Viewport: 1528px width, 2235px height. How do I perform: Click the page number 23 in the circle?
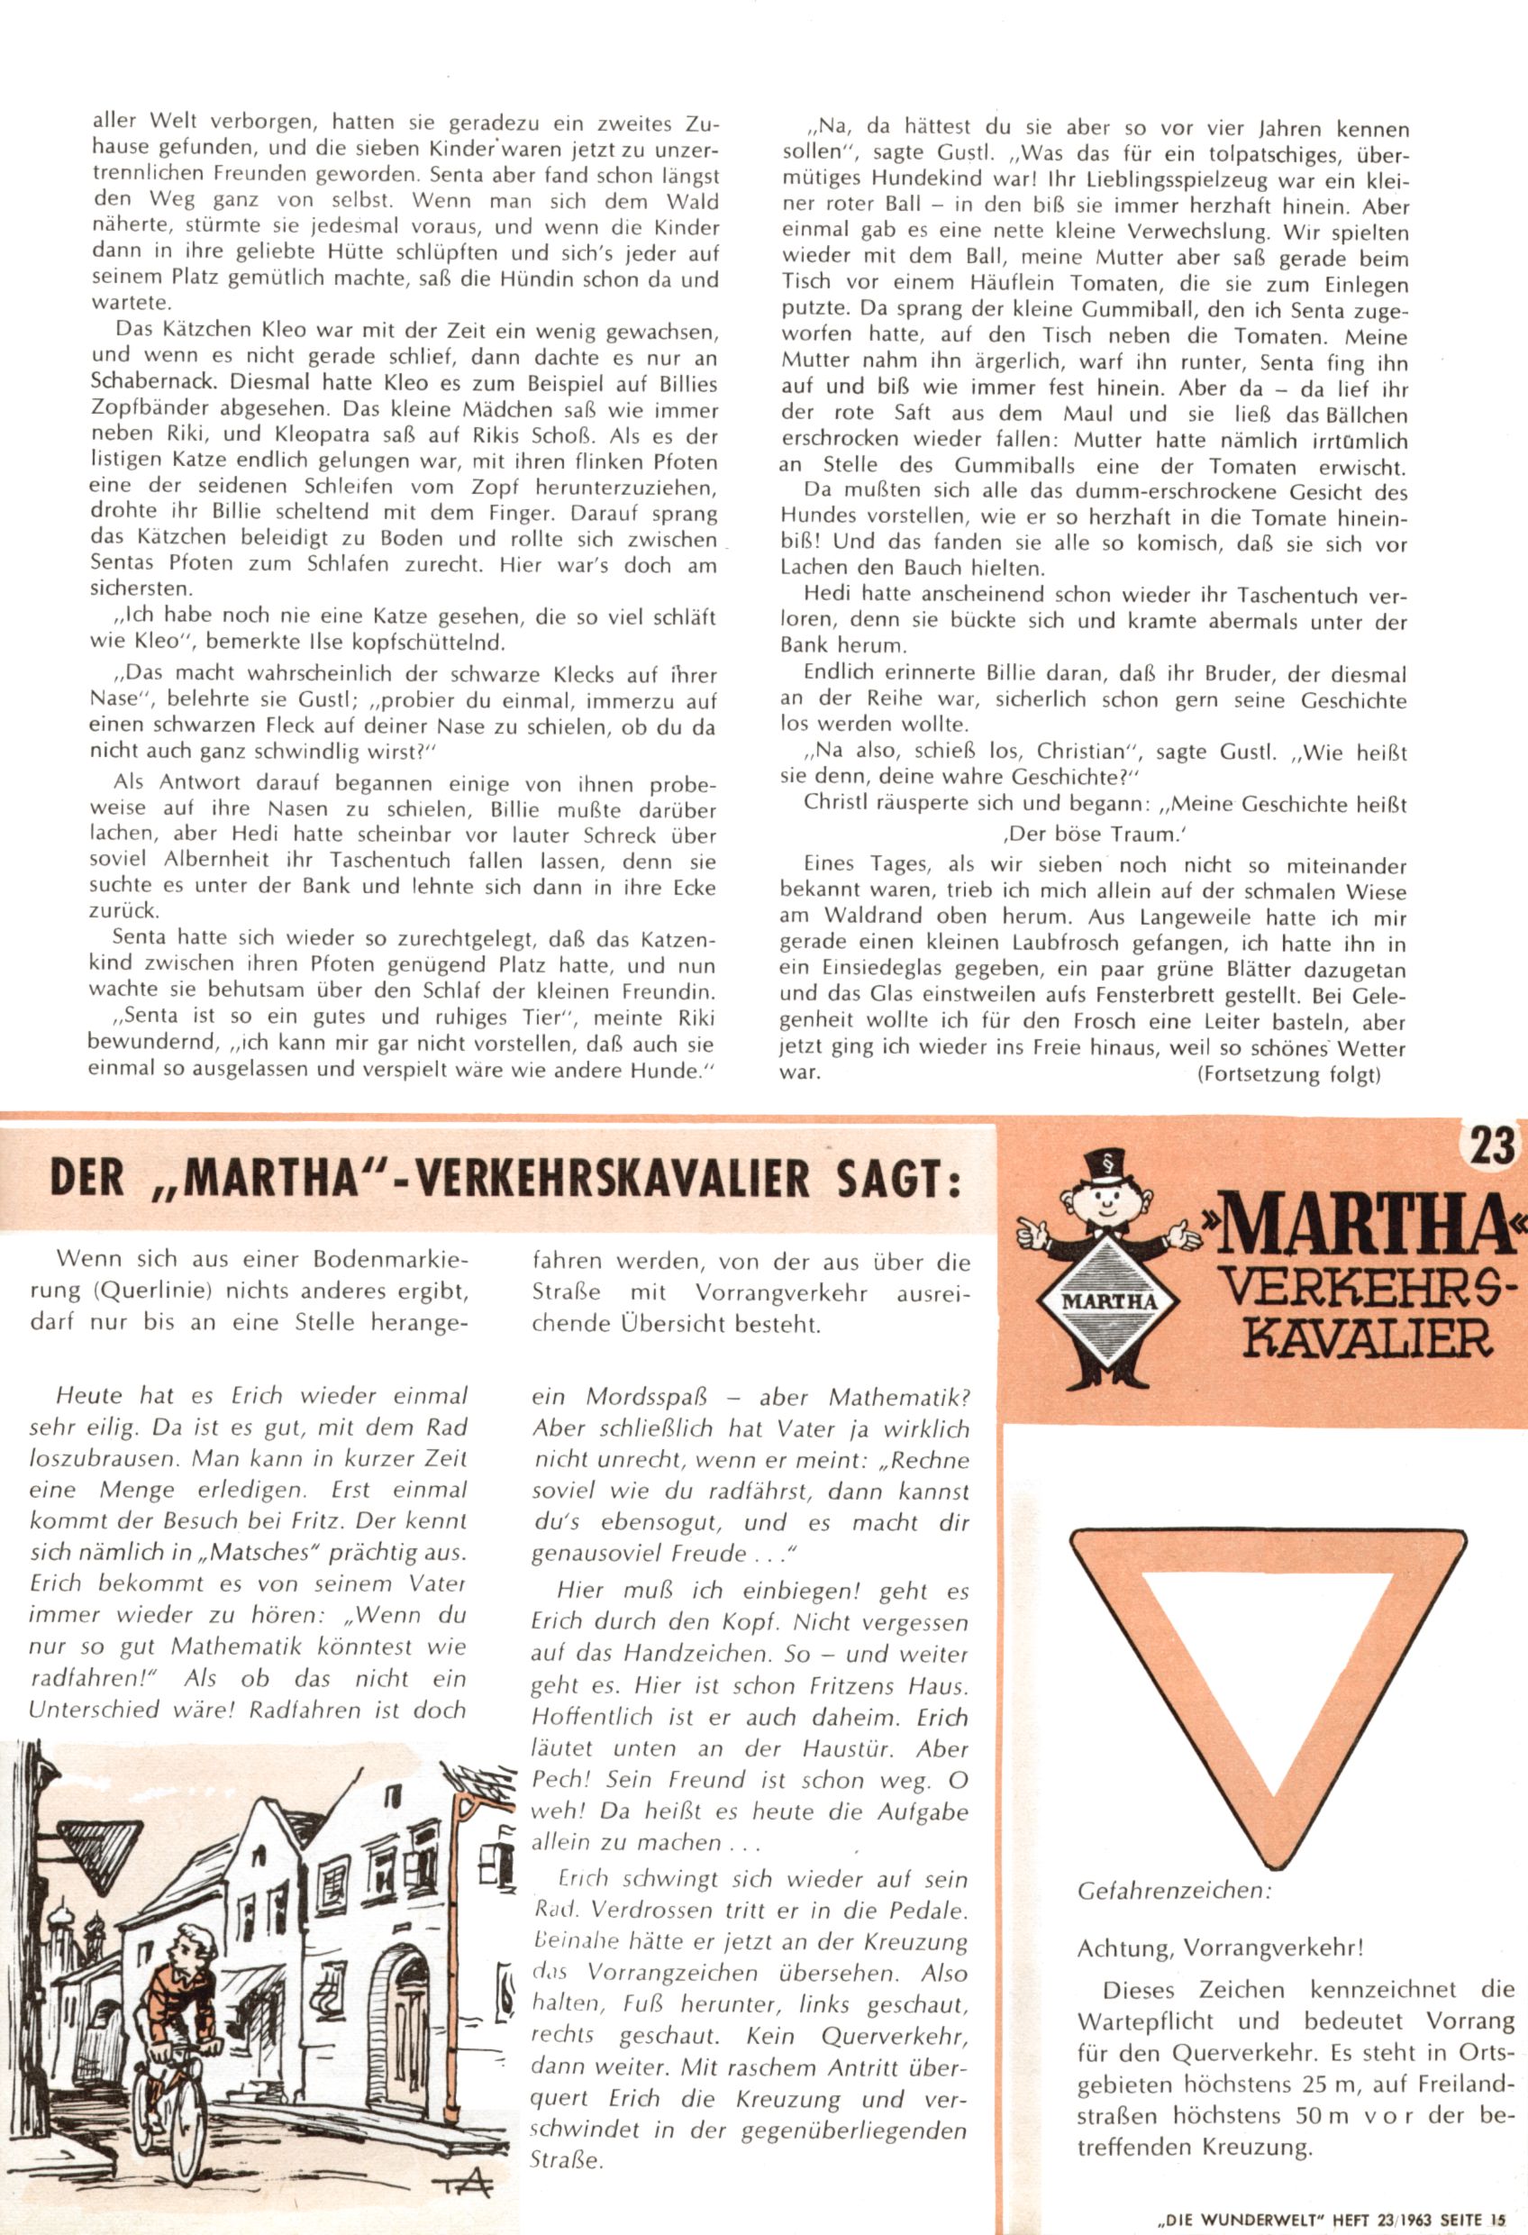(x=1490, y=1146)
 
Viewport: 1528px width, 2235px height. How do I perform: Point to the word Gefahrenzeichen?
(x=1173, y=1890)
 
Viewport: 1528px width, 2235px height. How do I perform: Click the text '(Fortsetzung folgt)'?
(x=1288, y=1074)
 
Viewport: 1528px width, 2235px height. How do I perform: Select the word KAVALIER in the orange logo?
(x=1369, y=1337)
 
